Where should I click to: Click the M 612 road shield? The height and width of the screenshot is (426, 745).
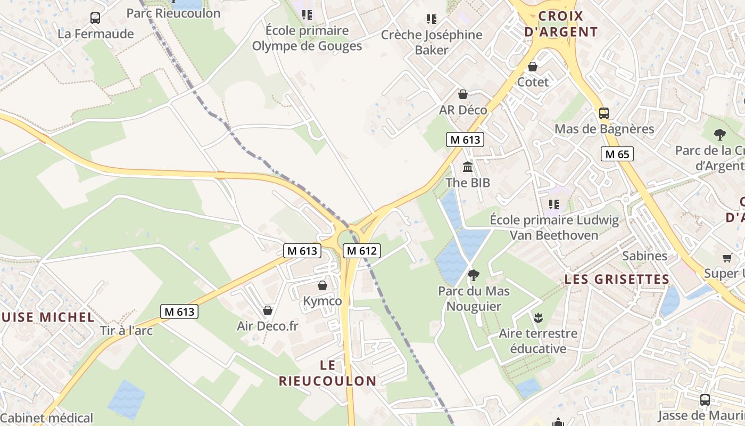[x=362, y=251]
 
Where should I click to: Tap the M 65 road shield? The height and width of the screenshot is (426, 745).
[x=617, y=154]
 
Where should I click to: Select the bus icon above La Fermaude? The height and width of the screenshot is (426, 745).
[x=95, y=18]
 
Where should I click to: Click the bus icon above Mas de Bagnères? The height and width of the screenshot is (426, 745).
[x=603, y=113]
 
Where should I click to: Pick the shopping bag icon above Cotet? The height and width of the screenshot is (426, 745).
[x=533, y=67]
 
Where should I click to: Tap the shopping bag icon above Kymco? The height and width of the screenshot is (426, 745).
[x=322, y=285]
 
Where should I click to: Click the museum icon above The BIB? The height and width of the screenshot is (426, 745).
[x=468, y=167]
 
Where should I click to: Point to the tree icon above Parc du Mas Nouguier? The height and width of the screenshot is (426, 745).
[x=473, y=275]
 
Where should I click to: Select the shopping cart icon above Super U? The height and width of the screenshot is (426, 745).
[x=727, y=258]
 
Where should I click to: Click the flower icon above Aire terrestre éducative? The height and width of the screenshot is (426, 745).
[x=537, y=318]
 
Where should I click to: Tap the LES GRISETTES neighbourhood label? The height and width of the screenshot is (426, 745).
[x=617, y=279]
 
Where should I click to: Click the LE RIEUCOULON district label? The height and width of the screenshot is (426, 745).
[x=328, y=373]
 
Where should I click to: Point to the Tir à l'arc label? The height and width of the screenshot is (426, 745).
[x=126, y=331]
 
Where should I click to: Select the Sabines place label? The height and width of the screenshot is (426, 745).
[x=644, y=256]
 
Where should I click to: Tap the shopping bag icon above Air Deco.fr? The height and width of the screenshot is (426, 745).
[x=268, y=310]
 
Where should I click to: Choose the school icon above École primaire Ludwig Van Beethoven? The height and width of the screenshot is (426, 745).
[x=554, y=204]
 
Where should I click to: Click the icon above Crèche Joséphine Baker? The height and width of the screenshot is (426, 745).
[x=432, y=20]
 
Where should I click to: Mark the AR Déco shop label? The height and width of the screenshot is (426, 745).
[x=463, y=110]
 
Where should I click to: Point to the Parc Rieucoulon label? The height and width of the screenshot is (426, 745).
[x=173, y=13]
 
